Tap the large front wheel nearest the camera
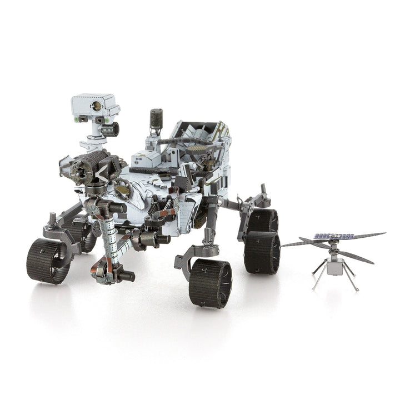[x=210, y=283]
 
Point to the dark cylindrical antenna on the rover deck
[x=156, y=120]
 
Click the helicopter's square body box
[x=334, y=267]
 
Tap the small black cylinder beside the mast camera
[x=112, y=129]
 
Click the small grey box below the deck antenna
[x=146, y=159]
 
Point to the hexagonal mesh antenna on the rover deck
[x=199, y=150]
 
